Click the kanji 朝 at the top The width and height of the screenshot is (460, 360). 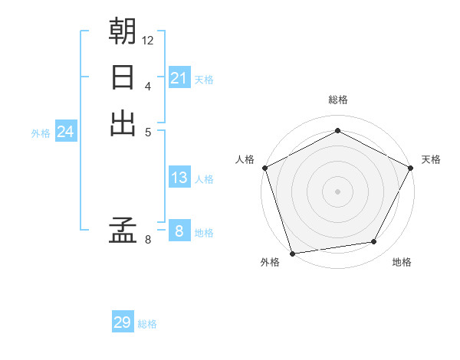(x=123, y=31)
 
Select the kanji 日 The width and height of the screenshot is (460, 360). (x=123, y=77)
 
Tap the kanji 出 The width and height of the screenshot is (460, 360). (x=123, y=123)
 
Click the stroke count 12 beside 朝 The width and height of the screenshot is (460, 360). (x=148, y=40)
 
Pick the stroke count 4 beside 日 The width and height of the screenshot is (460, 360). (x=148, y=85)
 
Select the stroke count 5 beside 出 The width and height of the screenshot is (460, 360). (x=148, y=131)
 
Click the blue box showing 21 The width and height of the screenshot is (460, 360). (x=179, y=77)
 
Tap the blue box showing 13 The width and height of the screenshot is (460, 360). (x=179, y=178)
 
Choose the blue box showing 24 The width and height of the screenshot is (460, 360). (x=65, y=133)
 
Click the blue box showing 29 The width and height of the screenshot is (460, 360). (x=123, y=322)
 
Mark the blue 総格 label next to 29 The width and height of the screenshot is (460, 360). (x=147, y=324)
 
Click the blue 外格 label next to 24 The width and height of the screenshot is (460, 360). (x=41, y=133)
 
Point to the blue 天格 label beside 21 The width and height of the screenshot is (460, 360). (x=204, y=79)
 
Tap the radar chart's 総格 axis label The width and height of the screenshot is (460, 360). (x=337, y=100)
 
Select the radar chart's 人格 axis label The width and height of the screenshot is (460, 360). (x=245, y=159)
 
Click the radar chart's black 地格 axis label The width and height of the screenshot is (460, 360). (x=402, y=263)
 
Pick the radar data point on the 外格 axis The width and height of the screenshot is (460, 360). (x=292, y=253)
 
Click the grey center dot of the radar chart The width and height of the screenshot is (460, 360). (x=337, y=191)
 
